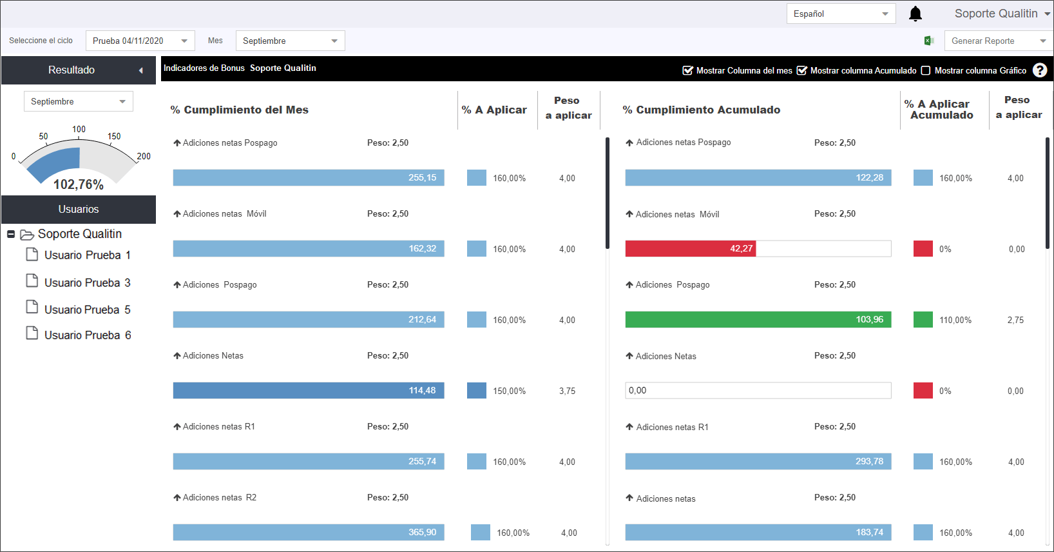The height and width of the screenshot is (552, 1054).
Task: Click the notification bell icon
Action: click(915, 14)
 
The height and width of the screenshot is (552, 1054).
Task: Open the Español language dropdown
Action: click(841, 14)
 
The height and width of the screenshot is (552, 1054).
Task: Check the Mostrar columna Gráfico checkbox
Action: click(926, 71)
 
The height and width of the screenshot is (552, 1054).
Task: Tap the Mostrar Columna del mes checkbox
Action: click(687, 71)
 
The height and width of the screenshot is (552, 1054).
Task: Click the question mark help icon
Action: click(1040, 70)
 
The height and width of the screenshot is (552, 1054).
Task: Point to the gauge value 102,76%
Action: click(79, 184)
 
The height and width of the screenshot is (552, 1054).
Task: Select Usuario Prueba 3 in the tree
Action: click(87, 282)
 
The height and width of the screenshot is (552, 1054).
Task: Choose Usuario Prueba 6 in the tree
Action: click(88, 335)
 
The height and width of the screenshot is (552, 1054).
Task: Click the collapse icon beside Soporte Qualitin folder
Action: click(11, 234)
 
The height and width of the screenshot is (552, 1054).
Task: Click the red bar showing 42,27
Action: click(690, 249)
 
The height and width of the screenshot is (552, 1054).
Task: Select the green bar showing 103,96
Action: click(758, 319)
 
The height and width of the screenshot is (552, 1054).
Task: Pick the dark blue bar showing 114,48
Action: click(309, 390)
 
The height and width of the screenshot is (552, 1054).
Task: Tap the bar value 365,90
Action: click(422, 532)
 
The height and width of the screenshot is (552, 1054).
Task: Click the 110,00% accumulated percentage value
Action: click(955, 320)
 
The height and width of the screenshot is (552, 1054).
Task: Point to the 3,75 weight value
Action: click(567, 391)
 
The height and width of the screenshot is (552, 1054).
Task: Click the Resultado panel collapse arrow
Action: click(140, 70)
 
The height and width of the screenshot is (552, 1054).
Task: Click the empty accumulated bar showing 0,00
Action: click(758, 390)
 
